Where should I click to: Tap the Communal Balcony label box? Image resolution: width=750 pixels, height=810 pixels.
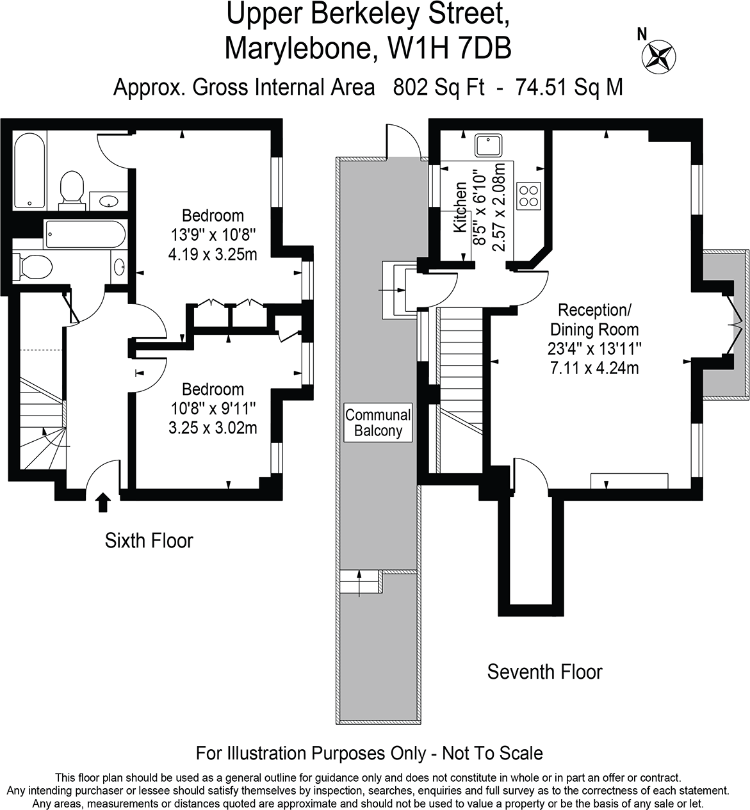(378, 423)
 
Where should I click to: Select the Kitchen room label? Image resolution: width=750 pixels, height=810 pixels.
(461, 215)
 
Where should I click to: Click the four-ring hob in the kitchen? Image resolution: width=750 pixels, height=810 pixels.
(529, 195)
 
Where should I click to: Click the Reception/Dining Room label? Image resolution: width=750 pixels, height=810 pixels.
(594, 320)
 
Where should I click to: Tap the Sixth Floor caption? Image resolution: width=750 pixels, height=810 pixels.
(149, 540)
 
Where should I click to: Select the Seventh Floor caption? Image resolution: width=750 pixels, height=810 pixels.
(544, 672)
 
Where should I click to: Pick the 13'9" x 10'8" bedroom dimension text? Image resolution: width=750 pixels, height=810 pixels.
(213, 235)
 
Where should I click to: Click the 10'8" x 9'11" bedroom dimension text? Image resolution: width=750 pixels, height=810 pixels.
(213, 409)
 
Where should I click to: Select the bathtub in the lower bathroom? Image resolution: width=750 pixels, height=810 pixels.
(85, 235)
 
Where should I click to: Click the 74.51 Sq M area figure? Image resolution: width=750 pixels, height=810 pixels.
(569, 86)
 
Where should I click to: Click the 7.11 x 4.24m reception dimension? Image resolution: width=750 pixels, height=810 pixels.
(594, 368)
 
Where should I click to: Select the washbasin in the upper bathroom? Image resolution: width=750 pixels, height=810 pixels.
(108, 200)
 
